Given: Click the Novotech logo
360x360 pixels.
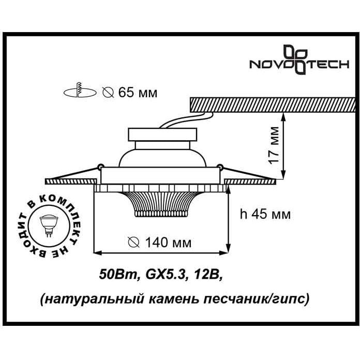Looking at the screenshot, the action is [299, 59].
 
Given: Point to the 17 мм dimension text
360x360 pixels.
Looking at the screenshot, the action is [274, 145].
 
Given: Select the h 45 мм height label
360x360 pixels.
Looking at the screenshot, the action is [265, 214].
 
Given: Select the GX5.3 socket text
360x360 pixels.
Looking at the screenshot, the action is [166, 274].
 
